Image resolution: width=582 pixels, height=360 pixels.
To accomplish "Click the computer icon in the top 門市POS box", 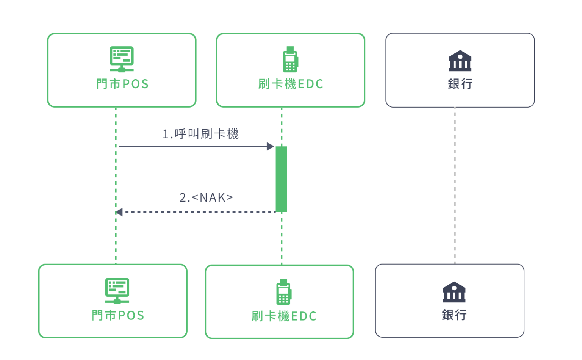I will tap(122, 59).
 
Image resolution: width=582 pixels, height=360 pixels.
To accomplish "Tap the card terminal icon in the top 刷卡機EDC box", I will tap(290, 59).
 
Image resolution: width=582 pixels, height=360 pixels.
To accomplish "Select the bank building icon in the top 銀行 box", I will tap(460, 61).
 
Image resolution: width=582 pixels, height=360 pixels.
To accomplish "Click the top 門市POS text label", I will tap(122, 84).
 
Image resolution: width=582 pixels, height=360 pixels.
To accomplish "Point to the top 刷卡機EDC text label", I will tap(291, 84).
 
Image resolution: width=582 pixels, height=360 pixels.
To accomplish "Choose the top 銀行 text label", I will tap(460, 84).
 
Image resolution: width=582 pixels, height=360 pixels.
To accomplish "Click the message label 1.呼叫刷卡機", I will tap(200, 134).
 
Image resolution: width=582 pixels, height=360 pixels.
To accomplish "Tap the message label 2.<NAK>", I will tap(206, 197).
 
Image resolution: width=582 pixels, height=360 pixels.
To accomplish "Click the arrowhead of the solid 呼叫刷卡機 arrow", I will tap(271, 146).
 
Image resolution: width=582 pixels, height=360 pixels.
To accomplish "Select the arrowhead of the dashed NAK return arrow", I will tap(119, 212).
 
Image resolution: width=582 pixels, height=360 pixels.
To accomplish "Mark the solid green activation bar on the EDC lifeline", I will tap(281, 179).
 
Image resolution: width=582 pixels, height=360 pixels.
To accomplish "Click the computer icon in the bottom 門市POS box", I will tap(117, 291).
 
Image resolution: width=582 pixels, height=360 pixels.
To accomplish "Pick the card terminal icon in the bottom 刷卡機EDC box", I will tap(283, 292).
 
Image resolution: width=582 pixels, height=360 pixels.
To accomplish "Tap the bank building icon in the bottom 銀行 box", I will tap(454, 292).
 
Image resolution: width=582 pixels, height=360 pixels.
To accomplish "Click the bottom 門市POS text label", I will tap(118, 315).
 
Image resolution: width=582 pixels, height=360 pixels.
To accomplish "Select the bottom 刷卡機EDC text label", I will tap(284, 316).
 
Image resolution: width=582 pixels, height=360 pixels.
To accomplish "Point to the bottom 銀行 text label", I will tap(454, 315).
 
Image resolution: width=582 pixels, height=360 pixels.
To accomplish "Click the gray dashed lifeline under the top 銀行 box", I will tap(455, 186).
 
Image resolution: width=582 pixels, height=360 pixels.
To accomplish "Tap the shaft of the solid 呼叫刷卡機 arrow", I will tap(193, 146).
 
